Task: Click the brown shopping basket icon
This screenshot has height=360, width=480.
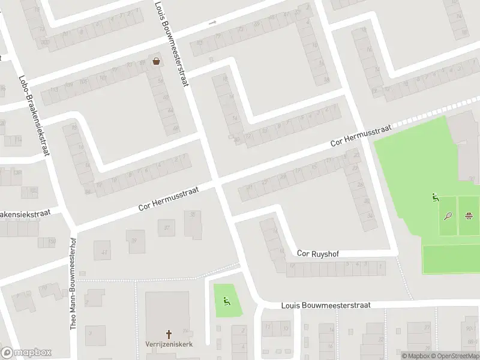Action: [157, 61]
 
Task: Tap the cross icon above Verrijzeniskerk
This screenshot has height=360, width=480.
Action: [169, 334]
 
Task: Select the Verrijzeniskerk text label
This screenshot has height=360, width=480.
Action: [169, 345]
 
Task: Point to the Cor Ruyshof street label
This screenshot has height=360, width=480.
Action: [318, 254]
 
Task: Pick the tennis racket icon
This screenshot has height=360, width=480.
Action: [448, 216]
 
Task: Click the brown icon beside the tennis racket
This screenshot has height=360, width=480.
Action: [469, 215]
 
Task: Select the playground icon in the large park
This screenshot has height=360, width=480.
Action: [436, 197]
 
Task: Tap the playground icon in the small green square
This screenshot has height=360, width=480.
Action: [226, 301]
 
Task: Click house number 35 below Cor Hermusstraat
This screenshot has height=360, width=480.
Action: [193, 214]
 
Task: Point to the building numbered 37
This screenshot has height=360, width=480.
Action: [167, 227]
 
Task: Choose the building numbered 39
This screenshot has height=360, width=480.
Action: [134, 241]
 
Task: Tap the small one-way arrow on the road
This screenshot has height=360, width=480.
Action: [212, 23]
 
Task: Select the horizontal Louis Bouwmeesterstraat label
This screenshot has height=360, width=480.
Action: [326, 305]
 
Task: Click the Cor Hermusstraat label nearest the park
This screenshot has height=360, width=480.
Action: [361, 136]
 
